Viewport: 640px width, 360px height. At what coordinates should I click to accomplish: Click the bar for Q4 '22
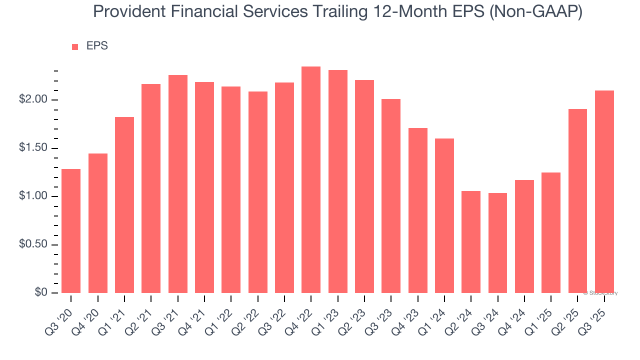tap(311, 180)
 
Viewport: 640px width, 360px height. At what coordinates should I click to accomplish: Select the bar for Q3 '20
tap(71, 231)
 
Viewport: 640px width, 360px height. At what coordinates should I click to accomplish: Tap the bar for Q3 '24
tap(497, 243)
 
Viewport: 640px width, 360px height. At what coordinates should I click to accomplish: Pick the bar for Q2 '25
tap(577, 201)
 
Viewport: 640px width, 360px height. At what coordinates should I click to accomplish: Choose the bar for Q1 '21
tap(124, 205)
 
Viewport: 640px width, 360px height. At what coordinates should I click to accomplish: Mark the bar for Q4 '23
tap(417, 210)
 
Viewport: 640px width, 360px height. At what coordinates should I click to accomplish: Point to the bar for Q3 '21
tap(178, 184)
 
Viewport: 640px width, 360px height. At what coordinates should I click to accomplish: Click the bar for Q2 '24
tap(471, 242)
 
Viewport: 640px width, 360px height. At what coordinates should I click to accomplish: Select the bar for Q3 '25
tap(604, 191)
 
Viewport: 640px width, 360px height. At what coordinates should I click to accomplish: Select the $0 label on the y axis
tap(41, 292)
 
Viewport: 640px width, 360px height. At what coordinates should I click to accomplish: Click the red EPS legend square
tap(75, 47)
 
